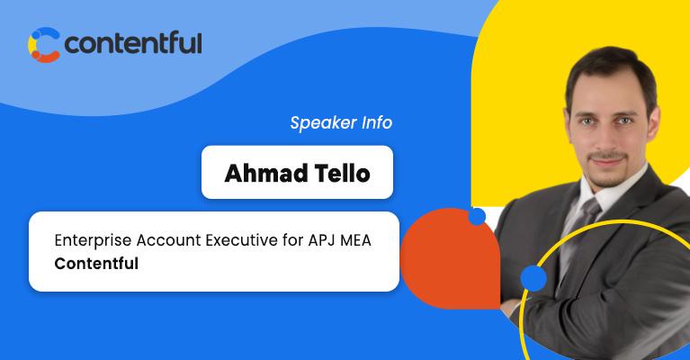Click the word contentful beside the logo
pyautogui.click(x=133, y=43)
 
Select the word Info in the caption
pyautogui.click(x=374, y=123)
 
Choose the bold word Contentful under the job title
pyautogui.click(x=95, y=265)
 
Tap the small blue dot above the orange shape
pyautogui.click(x=477, y=216)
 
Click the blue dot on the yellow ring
pyautogui.click(x=533, y=279)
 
